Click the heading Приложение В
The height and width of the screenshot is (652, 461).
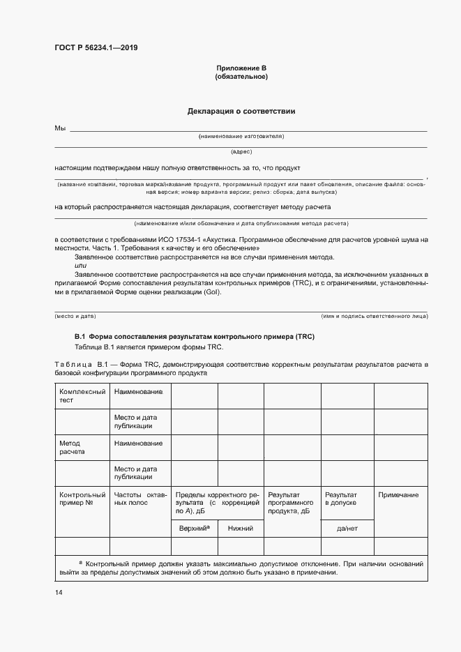[x=241, y=68]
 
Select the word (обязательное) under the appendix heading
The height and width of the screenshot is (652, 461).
[x=241, y=77]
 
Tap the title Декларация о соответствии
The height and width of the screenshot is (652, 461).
[x=241, y=111]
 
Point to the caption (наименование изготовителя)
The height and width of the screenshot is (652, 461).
[x=241, y=137]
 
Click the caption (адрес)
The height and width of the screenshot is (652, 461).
[x=241, y=151]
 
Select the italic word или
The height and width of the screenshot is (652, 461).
[x=80, y=266]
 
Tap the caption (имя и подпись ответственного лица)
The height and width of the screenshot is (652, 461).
[x=374, y=316]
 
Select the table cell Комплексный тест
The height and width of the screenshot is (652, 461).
[x=82, y=396]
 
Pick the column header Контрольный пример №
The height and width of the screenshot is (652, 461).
[x=82, y=499]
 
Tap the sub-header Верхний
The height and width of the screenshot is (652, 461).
[x=195, y=529]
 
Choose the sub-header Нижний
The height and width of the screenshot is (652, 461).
[x=241, y=529]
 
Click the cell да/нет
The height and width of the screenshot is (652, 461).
[x=346, y=529]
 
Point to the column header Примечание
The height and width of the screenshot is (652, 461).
[x=398, y=495]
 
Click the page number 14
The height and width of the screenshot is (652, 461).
[x=59, y=593]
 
